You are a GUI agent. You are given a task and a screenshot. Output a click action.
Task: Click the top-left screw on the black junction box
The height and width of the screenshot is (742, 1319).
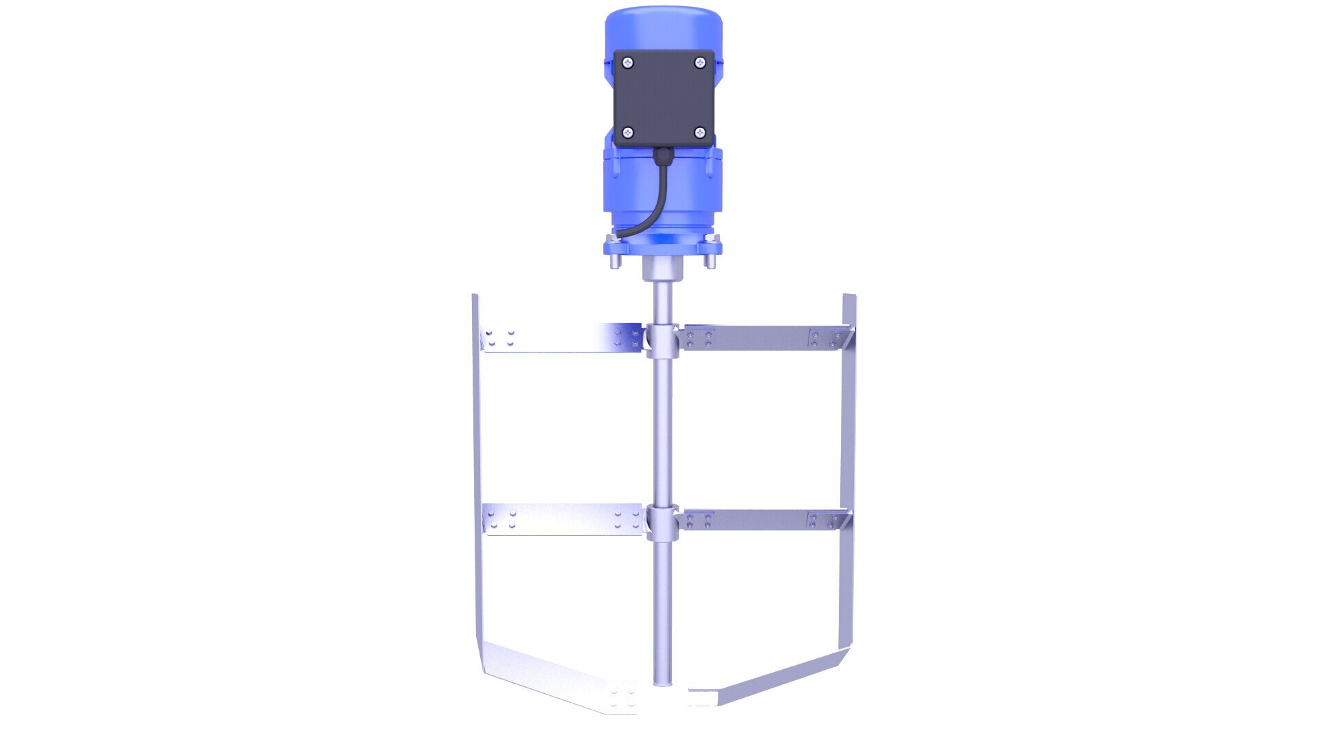pos(628,63)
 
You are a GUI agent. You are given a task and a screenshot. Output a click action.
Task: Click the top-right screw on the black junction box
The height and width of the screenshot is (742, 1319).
pos(699,63)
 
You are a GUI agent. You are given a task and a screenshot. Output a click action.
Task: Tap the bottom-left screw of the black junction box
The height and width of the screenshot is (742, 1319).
pos(628,132)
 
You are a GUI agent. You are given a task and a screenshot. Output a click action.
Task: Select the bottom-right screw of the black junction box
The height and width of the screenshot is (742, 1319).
pos(699,132)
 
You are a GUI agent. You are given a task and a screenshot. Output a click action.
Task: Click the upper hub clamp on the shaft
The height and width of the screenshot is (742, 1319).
pos(662,339)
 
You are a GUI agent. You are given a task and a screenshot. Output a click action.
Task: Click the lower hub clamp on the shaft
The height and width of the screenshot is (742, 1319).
pos(662,522)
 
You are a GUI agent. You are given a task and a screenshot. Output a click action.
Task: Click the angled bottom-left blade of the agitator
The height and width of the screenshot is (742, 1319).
pos(550,677)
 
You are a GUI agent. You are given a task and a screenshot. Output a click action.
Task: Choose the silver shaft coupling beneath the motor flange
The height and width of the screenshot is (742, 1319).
pos(663,269)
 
